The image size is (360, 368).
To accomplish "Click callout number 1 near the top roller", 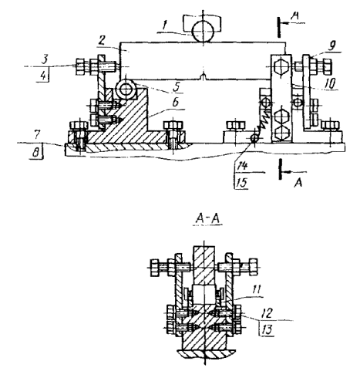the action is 165,25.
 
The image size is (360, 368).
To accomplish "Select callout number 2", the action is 102,40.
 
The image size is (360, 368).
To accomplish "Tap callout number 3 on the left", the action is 45,59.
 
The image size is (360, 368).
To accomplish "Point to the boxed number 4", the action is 44,76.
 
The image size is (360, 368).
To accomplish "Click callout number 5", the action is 177,87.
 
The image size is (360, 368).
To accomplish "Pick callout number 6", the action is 175,103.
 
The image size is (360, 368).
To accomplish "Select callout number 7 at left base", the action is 38,135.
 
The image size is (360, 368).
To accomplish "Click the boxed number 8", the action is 36,153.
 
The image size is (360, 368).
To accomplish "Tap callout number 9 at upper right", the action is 332,46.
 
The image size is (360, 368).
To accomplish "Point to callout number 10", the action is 331,83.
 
